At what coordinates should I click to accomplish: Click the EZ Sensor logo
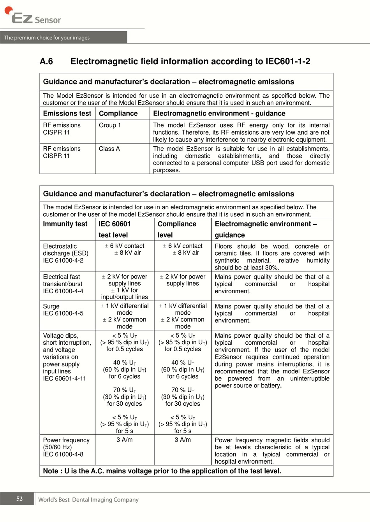coord(33,16)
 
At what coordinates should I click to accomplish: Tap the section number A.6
coord(46,61)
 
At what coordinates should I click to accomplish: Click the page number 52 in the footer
coord(19,499)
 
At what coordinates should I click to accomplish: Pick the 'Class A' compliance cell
coord(109,149)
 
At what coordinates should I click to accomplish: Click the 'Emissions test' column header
coord(67,114)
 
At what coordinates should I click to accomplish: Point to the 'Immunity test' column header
coord(65,224)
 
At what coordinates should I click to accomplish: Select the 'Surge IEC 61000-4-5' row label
coord(63,310)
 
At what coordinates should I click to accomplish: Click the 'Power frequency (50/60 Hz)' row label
coord(66,447)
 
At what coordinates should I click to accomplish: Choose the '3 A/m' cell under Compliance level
coord(183,440)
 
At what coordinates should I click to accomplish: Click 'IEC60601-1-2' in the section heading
coord(288,61)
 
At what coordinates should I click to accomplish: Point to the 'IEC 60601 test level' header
coord(115,229)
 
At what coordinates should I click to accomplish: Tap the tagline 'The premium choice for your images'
coord(47,38)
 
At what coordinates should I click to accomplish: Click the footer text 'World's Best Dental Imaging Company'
coord(88,500)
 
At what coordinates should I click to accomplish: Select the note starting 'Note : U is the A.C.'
coord(162,471)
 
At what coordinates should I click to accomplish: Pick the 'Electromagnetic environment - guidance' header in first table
coord(219,114)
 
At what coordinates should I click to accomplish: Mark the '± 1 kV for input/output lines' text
coord(125,294)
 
